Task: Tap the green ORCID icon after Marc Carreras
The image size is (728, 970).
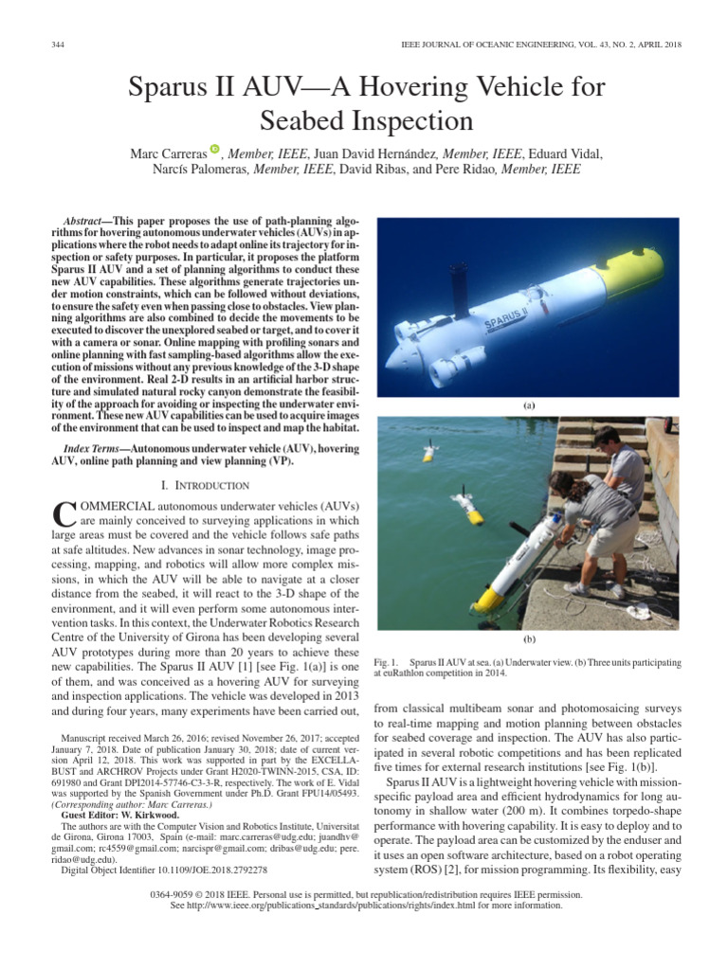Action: point(215,149)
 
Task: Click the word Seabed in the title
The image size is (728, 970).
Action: point(320,121)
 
